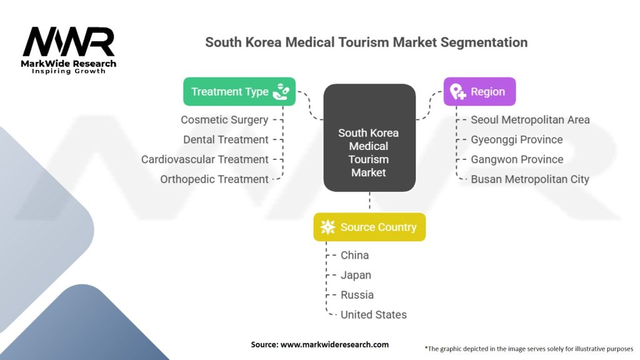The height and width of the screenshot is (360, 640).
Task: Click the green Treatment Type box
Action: (x=239, y=92)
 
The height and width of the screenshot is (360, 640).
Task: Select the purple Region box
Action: (x=479, y=92)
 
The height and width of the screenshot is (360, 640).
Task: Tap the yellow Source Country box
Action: (x=369, y=227)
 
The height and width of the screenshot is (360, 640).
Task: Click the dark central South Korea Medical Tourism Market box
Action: (x=369, y=137)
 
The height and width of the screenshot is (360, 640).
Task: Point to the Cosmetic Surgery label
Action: (x=224, y=119)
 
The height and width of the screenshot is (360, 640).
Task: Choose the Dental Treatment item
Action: (x=226, y=139)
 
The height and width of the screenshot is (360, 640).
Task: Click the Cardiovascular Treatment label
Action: (x=205, y=159)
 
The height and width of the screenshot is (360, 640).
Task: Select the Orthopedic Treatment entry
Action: (x=214, y=179)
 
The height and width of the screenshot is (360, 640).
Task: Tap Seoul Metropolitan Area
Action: (x=530, y=119)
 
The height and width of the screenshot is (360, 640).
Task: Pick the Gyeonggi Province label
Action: (x=516, y=139)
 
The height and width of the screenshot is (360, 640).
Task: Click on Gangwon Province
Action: (x=517, y=159)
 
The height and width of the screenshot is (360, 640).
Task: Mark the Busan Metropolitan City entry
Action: (x=530, y=179)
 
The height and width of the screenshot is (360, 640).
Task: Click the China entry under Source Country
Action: (x=354, y=255)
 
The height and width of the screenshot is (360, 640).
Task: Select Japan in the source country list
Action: (x=356, y=275)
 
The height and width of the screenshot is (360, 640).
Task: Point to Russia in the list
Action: (x=357, y=295)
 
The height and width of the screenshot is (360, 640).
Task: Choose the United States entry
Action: (x=373, y=315)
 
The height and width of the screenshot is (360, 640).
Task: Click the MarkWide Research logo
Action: (x=69, y=50)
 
